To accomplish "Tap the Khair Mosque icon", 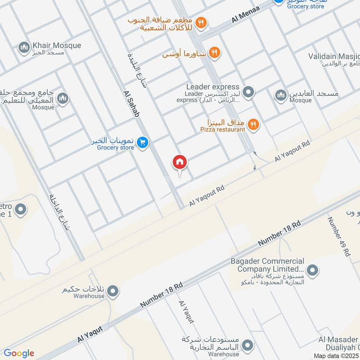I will coord(23,46).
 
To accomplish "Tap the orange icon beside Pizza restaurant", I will coord(253,125).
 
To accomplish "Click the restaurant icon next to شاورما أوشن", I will coord(214,54).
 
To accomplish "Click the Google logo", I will coord(18,353).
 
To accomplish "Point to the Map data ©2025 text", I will coord(336,355).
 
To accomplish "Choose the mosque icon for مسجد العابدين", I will coord(281,95).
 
